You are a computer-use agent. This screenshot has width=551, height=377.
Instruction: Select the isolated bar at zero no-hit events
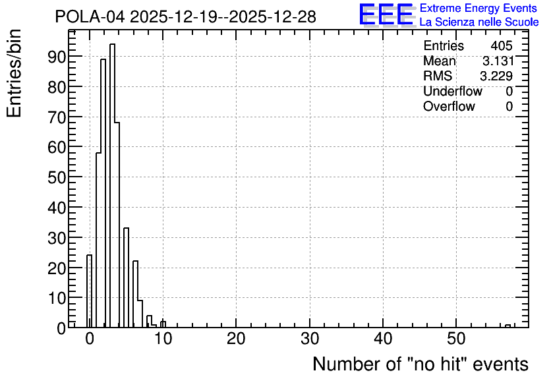tap(89, 291)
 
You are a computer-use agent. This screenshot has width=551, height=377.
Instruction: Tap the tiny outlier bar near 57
tap(507, 326)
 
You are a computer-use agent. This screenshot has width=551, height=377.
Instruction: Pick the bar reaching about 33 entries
tap(126, 277)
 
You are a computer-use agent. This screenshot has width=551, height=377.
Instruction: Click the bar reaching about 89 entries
tap(103, 193)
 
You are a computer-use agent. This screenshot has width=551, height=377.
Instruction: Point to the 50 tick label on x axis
tap(456, 339)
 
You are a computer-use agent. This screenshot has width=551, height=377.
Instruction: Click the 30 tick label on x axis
tap(310, 339)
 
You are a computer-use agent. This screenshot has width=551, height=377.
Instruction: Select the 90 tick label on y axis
tap(57, 57)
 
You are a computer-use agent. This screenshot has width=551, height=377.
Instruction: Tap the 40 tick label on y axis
tap(57, 208)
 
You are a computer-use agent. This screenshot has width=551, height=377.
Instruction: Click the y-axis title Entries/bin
tap(14, 73)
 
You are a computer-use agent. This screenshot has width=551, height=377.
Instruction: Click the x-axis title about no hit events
tap(420, 364)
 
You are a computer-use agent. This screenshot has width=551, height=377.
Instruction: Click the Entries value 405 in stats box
tap(502, 45)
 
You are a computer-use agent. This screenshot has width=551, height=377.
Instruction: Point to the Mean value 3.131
tap(498, 61)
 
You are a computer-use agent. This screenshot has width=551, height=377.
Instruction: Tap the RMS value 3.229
tap(496, 76)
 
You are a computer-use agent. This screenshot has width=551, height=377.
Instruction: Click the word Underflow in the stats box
tap(453, 91)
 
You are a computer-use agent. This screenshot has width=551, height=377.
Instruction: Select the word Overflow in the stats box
tap(449, 106)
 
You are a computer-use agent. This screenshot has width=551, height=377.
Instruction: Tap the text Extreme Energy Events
tap(478, 8)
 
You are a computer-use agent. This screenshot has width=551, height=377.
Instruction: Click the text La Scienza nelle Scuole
tap(479, 22)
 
